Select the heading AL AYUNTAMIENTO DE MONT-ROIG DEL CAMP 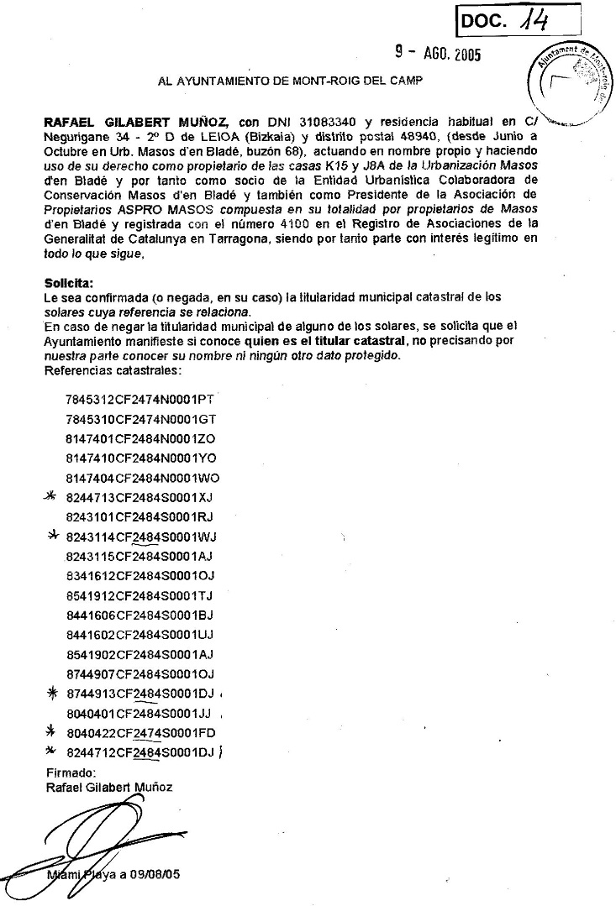(291, 82)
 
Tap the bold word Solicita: (69, 283)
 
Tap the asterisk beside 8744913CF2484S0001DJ (51, 693)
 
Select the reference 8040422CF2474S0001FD (141, 733)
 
